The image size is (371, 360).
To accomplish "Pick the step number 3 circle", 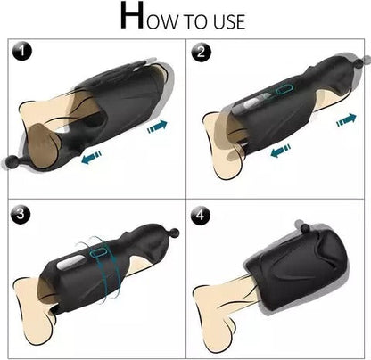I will [20, 214].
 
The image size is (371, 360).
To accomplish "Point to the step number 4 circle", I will [201, 214].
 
